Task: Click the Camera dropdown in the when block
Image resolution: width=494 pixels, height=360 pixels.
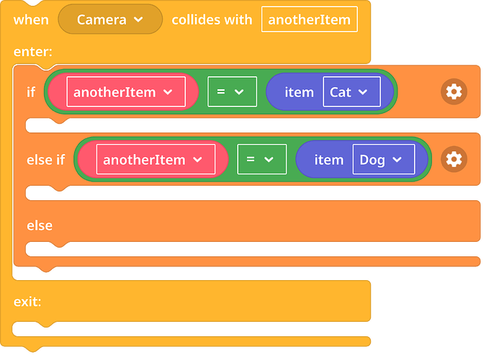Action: click(x=110, y=19)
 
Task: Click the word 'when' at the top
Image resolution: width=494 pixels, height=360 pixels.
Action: click(x=31, y=20)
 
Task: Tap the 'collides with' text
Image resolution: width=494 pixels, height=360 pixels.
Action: click(x=212, y=20)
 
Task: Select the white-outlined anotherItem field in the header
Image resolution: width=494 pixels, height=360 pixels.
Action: click(x=310, y=19)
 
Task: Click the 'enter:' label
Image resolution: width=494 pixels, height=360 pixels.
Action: click(x=33, y=52)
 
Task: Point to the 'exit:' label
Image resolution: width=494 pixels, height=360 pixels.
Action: click(x=27, y=302)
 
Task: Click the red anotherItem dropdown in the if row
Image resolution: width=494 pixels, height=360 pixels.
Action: click(x=126, y=92)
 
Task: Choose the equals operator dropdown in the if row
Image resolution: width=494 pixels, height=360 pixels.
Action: click(x=232, y=92)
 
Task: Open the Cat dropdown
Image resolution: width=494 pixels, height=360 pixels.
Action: click(x=352, y=92)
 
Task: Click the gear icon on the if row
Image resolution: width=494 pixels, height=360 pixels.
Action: click(x=454, y=91)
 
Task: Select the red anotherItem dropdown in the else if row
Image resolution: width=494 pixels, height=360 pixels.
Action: click(x=156, y=159)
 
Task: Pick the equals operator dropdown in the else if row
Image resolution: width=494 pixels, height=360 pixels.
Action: click(x=262, y=159)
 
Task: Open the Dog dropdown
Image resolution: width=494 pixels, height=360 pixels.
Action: click(x=384, y=159)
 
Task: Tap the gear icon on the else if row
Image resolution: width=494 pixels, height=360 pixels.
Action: click(x=454, y=159)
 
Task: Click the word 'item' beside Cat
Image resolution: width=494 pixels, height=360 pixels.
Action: click(x=299, y=92)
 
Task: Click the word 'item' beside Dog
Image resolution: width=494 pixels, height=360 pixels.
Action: click(x=328, y=160)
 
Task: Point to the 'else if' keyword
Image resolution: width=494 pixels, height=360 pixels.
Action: click(x=45, y=160)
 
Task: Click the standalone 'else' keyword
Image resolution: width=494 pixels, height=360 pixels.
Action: click(x=40, y=225)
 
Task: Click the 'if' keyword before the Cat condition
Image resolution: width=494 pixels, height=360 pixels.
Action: click(x=31, y=92)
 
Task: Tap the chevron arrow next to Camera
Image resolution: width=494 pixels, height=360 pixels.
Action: click(x=138, y=19)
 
